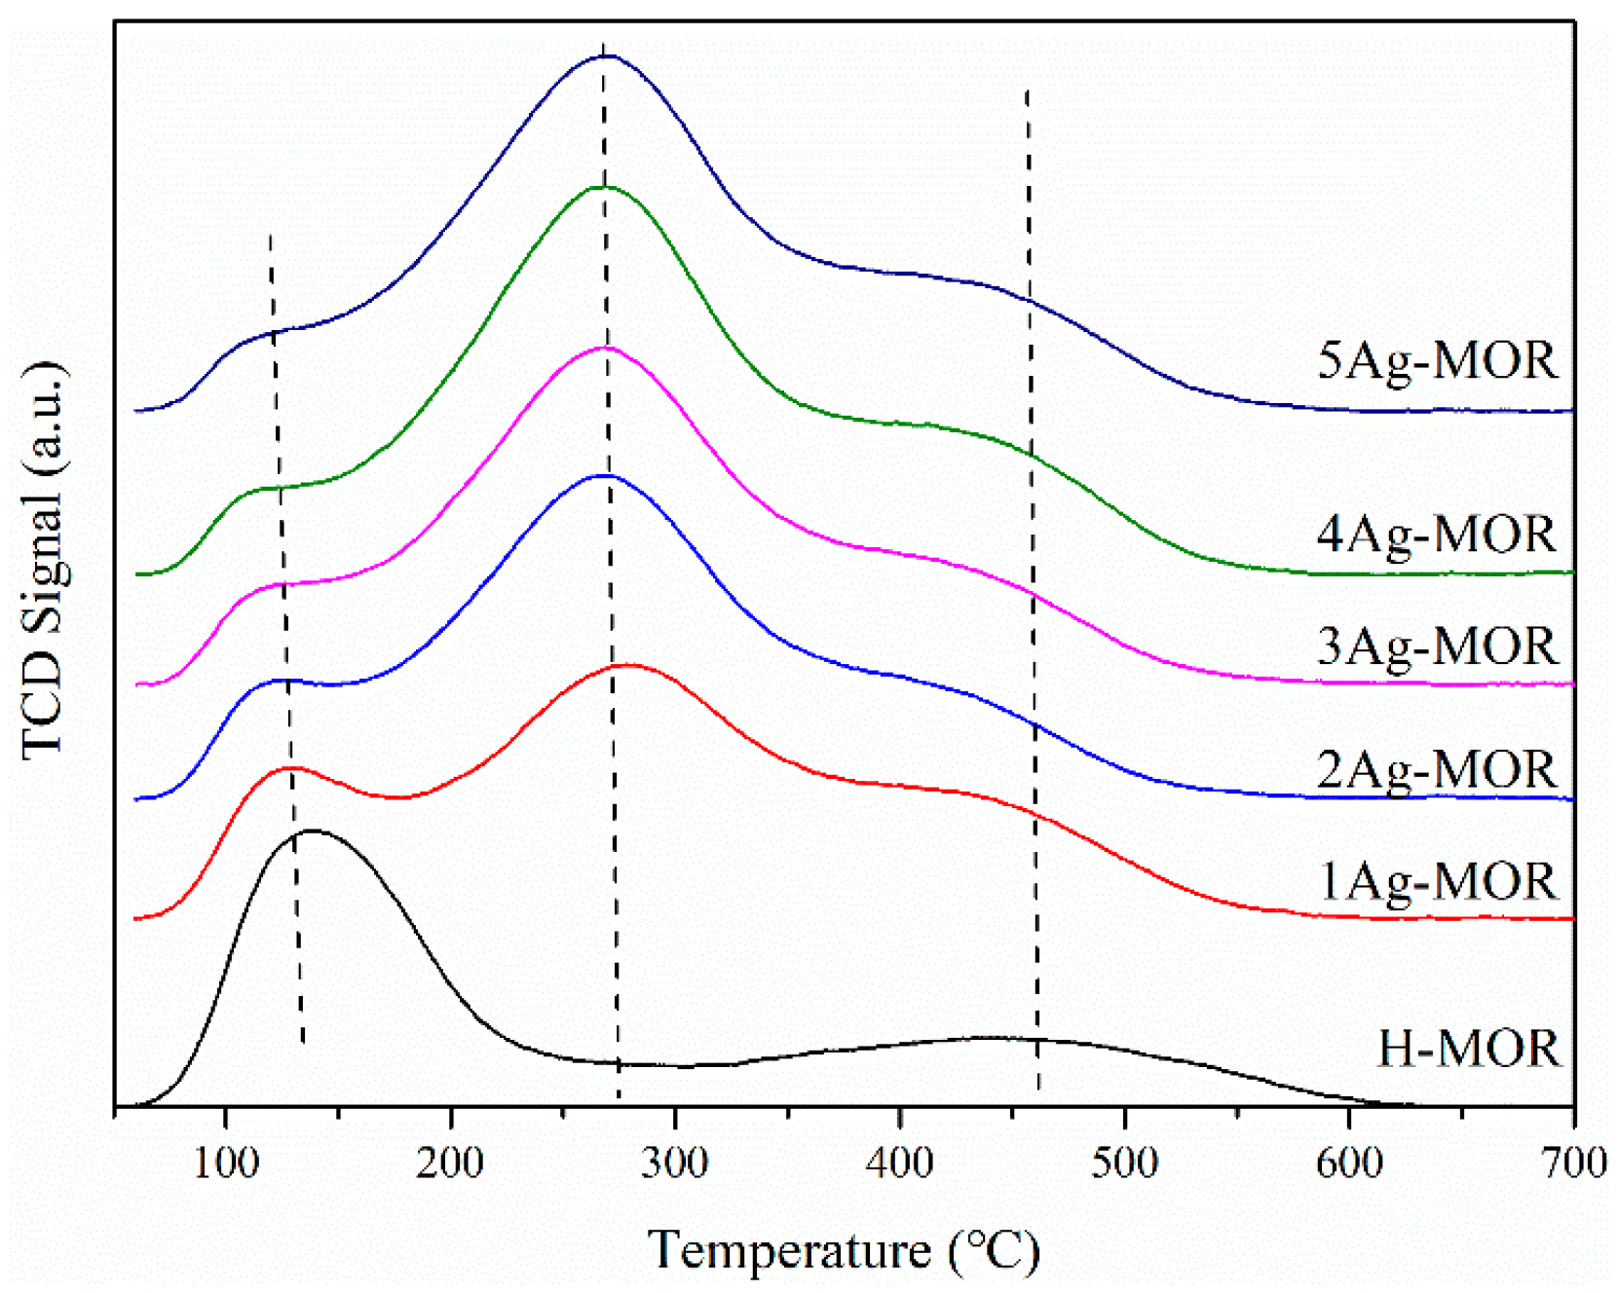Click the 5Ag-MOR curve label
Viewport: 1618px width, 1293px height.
click(x=1437, y=361)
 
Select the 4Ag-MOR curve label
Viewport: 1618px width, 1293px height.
click(x=1437, y=535)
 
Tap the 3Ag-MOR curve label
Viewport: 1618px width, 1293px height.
click(x=1437, y=646)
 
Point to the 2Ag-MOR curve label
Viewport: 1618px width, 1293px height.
click(x=1437, y=770)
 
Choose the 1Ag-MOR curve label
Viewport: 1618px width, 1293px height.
click(x=1437, y=882)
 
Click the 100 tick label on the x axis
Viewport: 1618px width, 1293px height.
click(x=225, y=1163)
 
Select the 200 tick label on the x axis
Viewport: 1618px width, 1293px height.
click(x=450, y=1163)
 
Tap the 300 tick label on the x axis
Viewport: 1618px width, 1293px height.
click(x=675, y=1163)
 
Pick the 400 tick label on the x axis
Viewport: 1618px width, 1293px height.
click(x=899, y=1163)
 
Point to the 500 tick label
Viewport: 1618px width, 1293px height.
click(x=1124, y=1163)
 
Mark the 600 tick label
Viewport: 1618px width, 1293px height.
click(x=1349, y=1163)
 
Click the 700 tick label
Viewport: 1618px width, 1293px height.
click(x=1572, y=1163)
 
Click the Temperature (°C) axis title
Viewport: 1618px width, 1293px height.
click(x=844, y=1250)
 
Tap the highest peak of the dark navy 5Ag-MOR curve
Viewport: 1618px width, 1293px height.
click(x=606, y=56)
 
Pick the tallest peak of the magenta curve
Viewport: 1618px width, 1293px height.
click(x=606, y=348)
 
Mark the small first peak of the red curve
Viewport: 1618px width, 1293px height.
click(x=290, y=768)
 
